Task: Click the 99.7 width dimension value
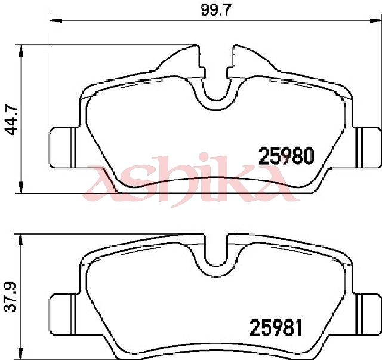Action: click(x=215, y=10)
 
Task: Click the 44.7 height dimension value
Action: click(x=11, y=120)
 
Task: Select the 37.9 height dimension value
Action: click(x=10, y=297)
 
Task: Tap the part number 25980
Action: click(x=286, y=156)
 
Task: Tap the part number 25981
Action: click(x=276, y=327)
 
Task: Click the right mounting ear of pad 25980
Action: click(x=366, y=147)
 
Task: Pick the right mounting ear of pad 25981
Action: click(x=366, y=315)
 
